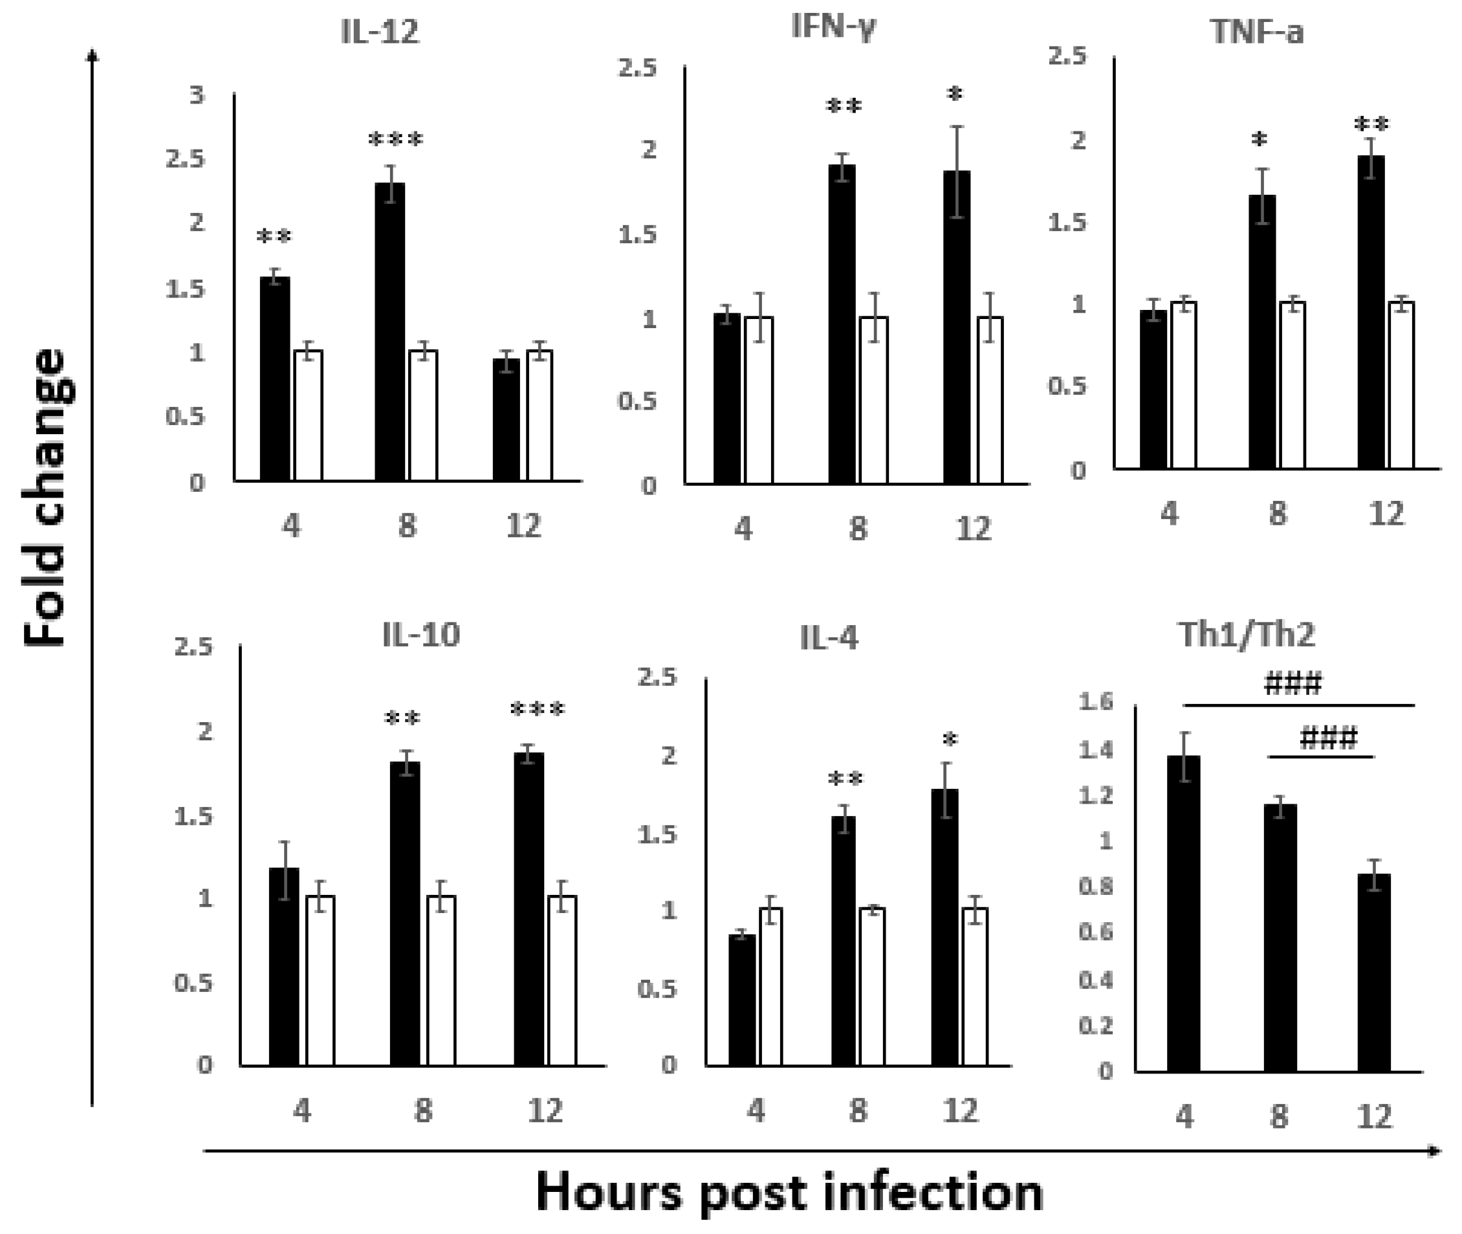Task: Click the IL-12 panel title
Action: (x=380, y=32)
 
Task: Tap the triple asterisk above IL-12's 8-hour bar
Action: (x=396, y=140)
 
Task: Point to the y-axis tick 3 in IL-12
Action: (x=197, y=94)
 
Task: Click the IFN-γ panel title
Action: (x=834, y=28)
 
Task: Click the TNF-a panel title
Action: (x=1257, y=32)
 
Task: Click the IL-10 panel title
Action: (x=421, y=635)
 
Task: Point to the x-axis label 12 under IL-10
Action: (x=545, y=1110)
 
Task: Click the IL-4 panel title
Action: (x=829, y=638)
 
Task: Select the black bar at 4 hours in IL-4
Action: (x=742, y=1000)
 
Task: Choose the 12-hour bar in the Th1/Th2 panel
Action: (x=1374, y=973)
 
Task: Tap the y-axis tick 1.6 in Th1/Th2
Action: (x=1096, y=702)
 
